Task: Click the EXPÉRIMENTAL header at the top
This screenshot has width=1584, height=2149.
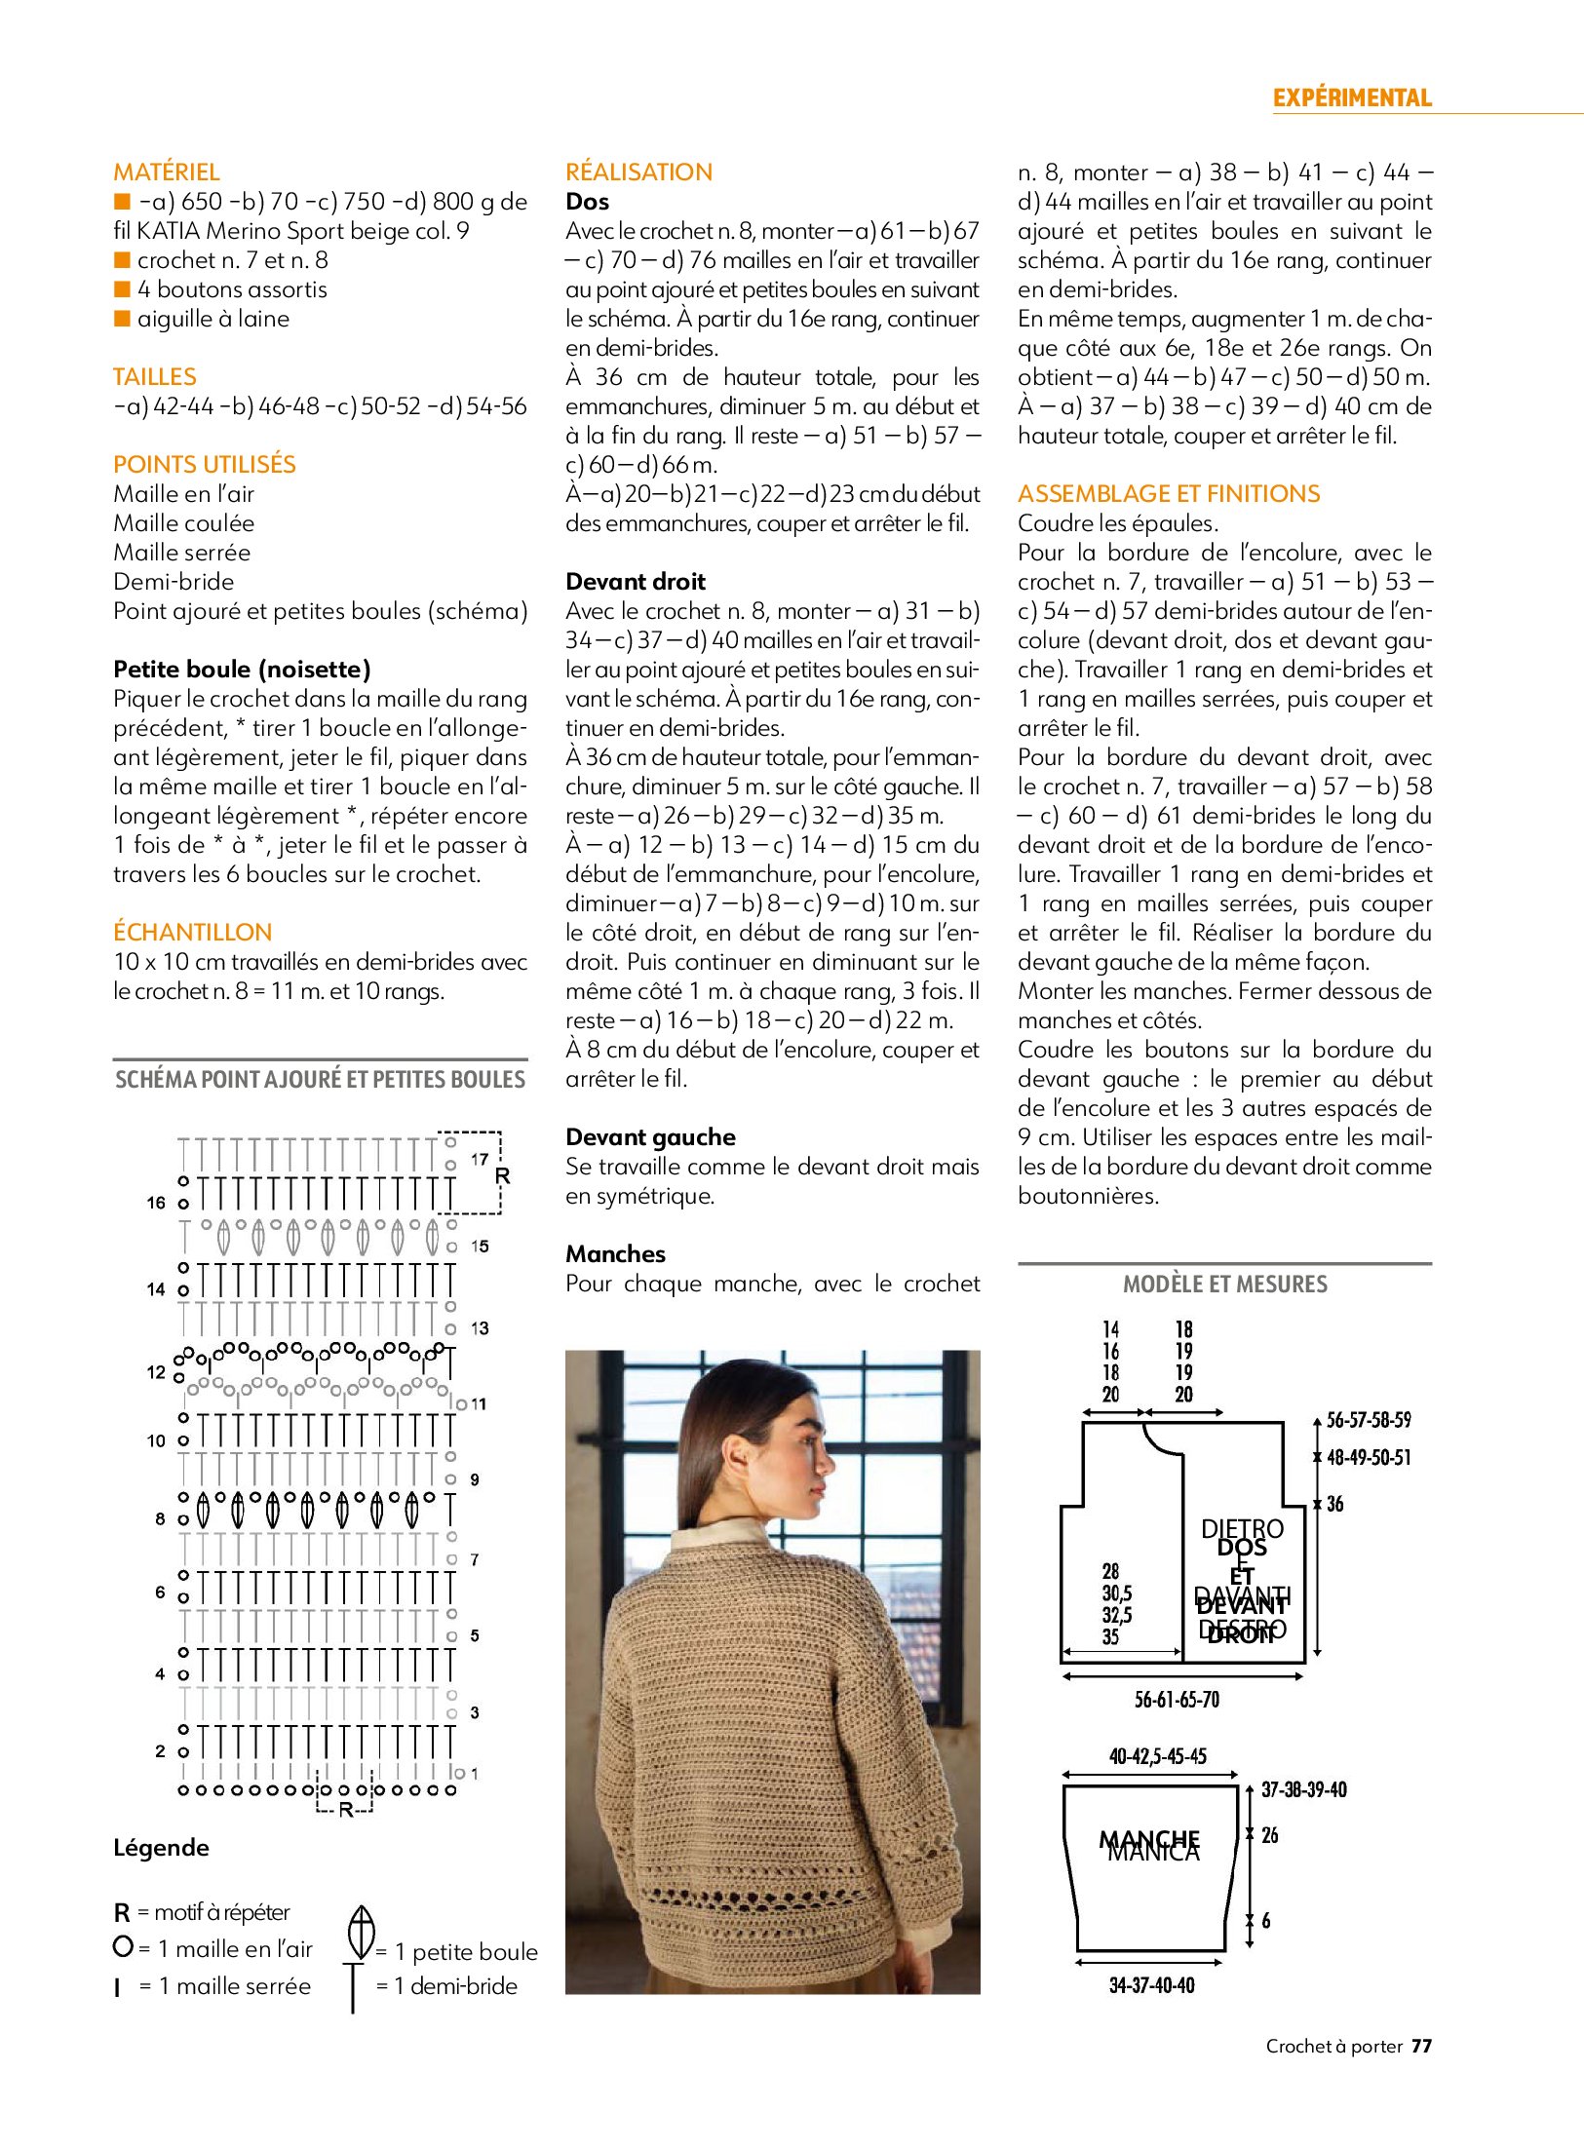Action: pyautogui.click(x=1351, y=97)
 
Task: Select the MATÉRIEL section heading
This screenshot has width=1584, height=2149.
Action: pyautogui.click(x=167, y=173)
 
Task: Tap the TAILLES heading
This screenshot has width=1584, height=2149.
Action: pyautogui.click(x=155, y=377)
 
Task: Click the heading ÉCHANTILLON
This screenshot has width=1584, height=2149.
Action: pyautogui.click(x=193, y=933)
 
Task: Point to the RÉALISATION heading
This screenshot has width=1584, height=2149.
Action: pyautogui.click(x=638, y=173)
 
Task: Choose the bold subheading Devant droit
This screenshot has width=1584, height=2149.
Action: pyautogui.click(x=636, y=582)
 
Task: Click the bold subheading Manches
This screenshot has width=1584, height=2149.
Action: pyautogui.click(x=615, y=1254)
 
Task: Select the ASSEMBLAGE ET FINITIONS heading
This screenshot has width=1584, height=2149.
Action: pyautogui.click(x=1169, y=494)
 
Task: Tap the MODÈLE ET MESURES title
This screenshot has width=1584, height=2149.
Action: pyautogui.click(x=1224, y=1285)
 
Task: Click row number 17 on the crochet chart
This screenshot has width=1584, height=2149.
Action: pyautogui.click(x=480, y=1160)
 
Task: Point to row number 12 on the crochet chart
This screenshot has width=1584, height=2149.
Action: pyautogui.click(x=156, y=1372)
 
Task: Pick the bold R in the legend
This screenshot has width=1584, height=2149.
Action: pyautogui.click(x=122, y=1913)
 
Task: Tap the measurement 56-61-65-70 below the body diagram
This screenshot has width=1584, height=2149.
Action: pyautogui.click(x=1177, y=1701)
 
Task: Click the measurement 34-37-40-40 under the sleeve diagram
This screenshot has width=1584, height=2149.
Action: pyautogui.click(x=1151, y=1985)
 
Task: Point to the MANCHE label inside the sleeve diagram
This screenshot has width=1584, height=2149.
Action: pyautogui.click(x=1150, y=1840)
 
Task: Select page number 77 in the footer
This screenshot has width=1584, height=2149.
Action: pyautogui.click(x=1422, y=2046)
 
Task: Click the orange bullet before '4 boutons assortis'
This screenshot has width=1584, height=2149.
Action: pyautogui.click(x=122, y=289)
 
